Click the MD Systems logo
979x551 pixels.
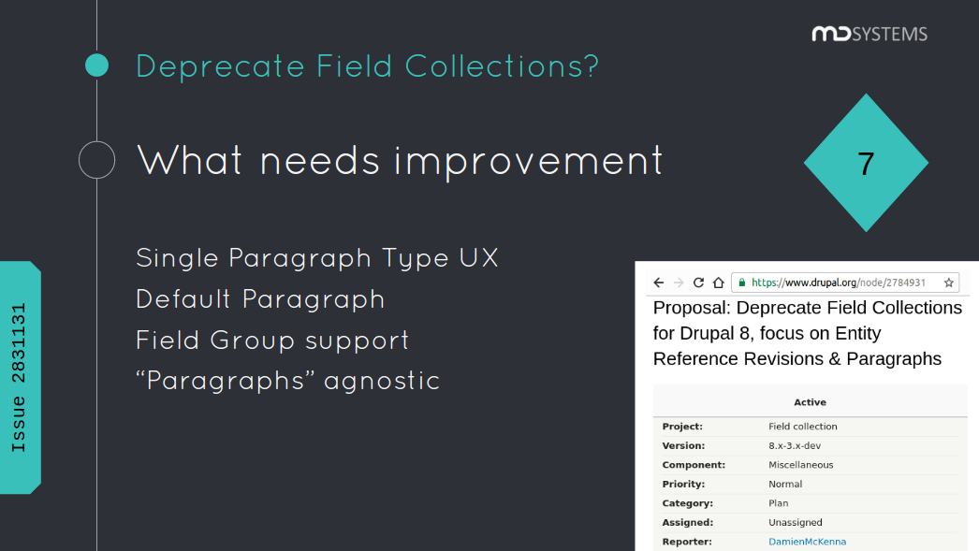point(869,35)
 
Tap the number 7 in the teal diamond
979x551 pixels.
point(866,164)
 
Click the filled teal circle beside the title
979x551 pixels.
point(97,65)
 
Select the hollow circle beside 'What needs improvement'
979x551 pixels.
point(96,160)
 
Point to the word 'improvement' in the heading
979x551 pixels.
point(529,161)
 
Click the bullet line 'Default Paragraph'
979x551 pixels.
point(260,298)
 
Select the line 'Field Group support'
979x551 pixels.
point(272,340)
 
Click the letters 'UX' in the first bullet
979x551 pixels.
point(479,257)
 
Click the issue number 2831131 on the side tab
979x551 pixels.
point(19,343)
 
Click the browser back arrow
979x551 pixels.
point(658,283)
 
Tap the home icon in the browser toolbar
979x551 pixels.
point(718,283)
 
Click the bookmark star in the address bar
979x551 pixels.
point(948,283)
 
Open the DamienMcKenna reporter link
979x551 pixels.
point(807,542)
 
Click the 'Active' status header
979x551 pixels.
point(810,402)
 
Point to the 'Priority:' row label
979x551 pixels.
point(683,484)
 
